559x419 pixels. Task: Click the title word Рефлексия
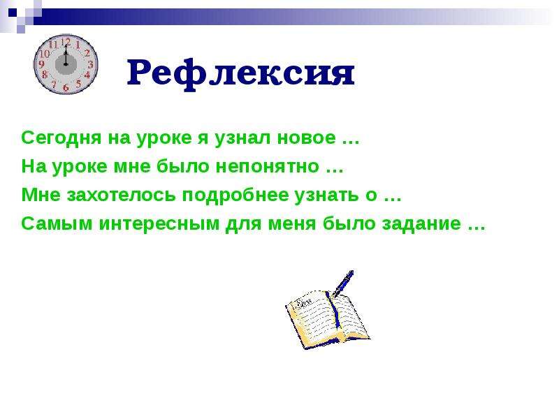pos(240,74)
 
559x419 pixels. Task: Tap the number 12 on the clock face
pos(66,43)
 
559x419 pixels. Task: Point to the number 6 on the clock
pos(66,87)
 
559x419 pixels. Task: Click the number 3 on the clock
pos(91,64)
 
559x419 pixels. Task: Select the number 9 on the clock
pos(41,64)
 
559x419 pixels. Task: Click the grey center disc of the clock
pos(66,64)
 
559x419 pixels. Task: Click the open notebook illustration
pos(327,319)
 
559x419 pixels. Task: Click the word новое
pos(307,138)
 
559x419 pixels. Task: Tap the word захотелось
pos(121,196)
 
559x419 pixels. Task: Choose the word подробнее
pos(235,196)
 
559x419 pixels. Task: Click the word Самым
pos(57,223)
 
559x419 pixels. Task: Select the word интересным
pos(159,224)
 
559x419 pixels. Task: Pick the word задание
pos(422,223)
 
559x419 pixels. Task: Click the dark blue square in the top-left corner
pos(13,13)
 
